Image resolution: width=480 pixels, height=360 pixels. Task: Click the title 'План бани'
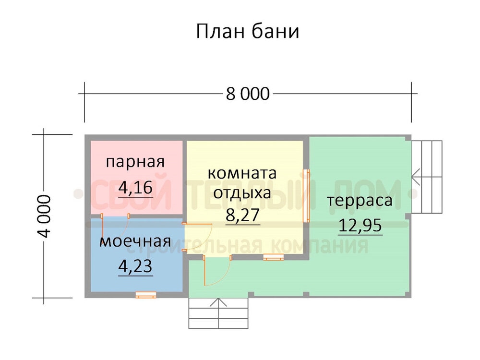click(247, 31)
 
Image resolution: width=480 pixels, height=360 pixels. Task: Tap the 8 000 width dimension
click(248, 94)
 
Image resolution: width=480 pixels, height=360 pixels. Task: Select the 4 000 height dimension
click(44, 216)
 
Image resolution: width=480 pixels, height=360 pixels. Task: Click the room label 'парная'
click(135, 162)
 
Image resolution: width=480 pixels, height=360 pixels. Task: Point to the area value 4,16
click(135, 187)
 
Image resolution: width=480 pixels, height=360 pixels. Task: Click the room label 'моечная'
click(135, 241)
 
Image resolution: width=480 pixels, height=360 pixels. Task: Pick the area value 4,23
click(135, 266)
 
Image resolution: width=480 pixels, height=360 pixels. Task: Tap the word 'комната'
click(242, 173)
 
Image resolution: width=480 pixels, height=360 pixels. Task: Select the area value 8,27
click(243, 215)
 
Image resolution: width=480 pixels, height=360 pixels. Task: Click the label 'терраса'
click(360, 201)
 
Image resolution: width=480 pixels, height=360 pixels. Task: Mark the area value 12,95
click(360, 225)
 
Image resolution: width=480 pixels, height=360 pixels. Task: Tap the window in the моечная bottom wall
click(146, 295)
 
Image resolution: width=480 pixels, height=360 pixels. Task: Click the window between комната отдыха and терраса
click(306, 196)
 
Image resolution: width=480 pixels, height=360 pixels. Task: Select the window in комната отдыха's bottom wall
click(274, 257)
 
